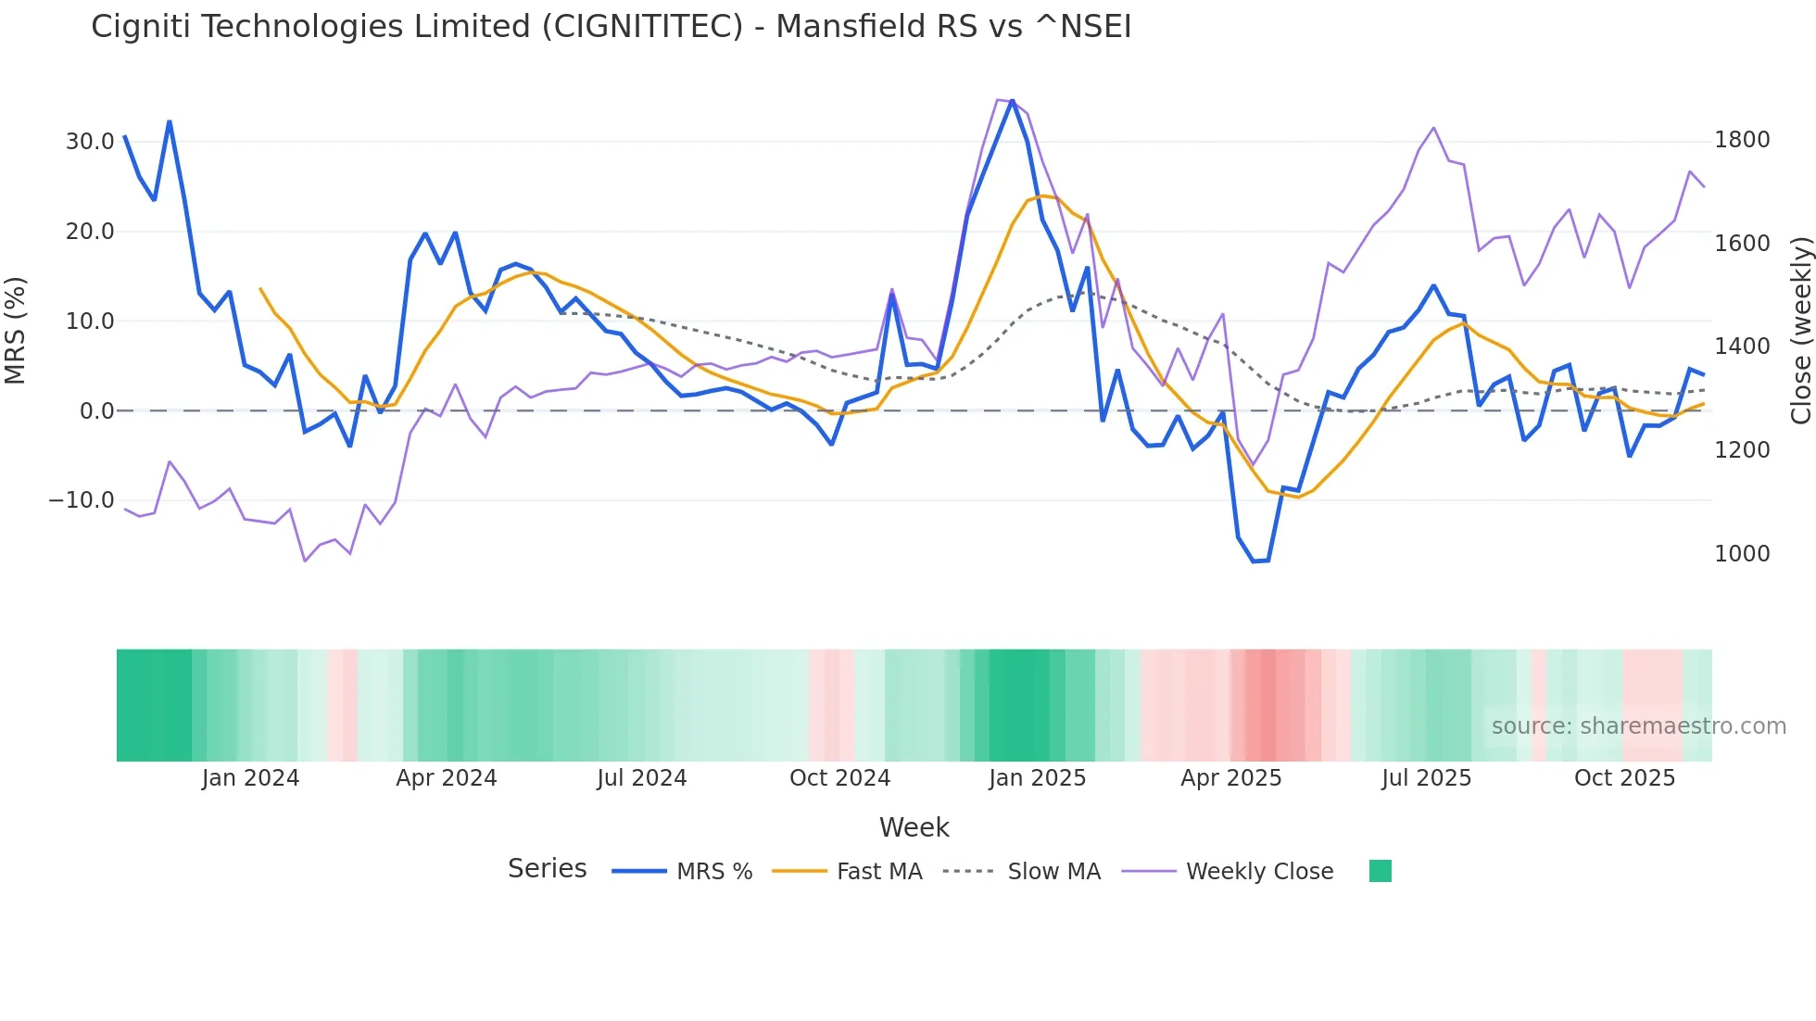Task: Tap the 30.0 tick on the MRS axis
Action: click(90, 142)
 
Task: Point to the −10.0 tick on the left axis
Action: click(82, 500)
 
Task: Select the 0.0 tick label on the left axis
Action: click(96, 410)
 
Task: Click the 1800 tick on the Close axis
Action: click(1742, 140)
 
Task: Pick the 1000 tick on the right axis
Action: click(1742, 554)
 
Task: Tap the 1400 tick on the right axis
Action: click(1742, 347)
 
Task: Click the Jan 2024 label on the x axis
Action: click(250, 778)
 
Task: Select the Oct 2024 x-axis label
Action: click(839, 778)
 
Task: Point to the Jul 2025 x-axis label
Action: click(1426, 778)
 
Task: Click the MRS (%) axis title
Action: click(16, 330)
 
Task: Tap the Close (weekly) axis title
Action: click(1800, 330)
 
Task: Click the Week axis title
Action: click(914, 827)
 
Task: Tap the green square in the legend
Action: click(1380, 871)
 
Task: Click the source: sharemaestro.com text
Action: click(1638, 726)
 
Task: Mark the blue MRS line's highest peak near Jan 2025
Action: click(1012, 100)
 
